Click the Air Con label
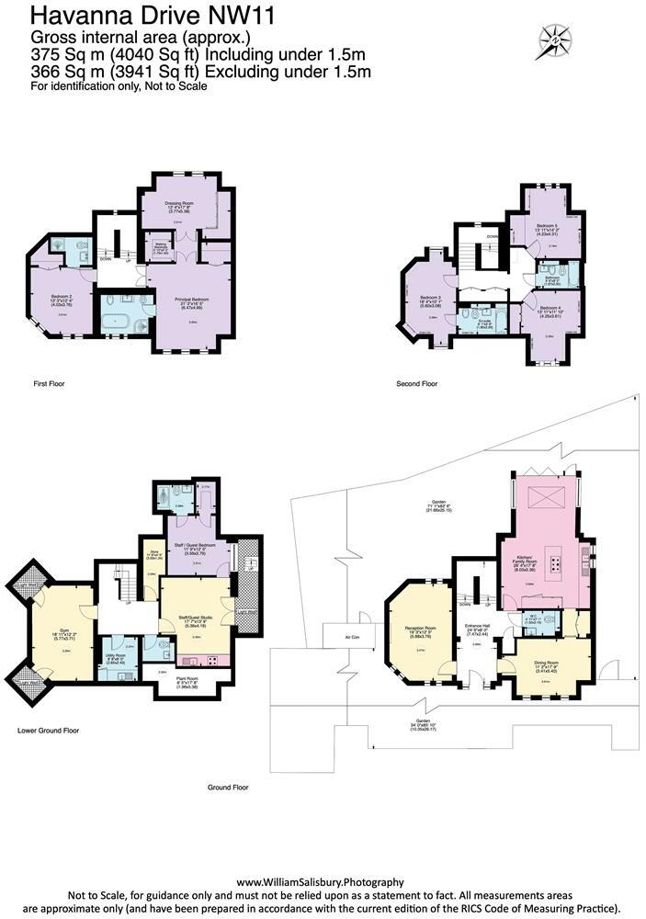pyautogui.click(x=353, y=635)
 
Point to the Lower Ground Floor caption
pyautogui.click(x=48, y=731)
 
